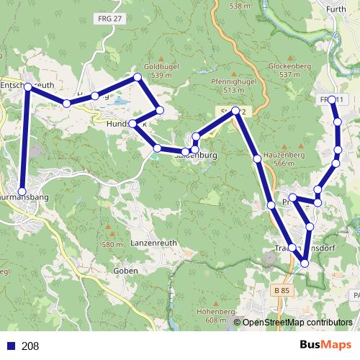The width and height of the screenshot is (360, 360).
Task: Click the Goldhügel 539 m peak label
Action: click(x=161, y=70)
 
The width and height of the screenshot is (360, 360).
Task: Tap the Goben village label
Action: click(x=126, y=271)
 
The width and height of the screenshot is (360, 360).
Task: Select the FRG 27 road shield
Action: click(x=107, y=19)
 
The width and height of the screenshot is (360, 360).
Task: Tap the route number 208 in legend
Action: click(x=30, y=346)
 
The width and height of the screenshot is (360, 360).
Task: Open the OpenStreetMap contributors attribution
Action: click(x=297, y=323)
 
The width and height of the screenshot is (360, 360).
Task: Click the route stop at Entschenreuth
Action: click(x=27, y=86)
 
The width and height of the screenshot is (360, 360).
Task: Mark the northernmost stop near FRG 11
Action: click(x=332, y=99)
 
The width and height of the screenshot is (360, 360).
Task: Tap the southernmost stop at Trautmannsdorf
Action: click(x=304, y=264)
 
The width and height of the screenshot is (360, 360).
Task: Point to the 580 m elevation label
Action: click(x=112, y=245)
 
